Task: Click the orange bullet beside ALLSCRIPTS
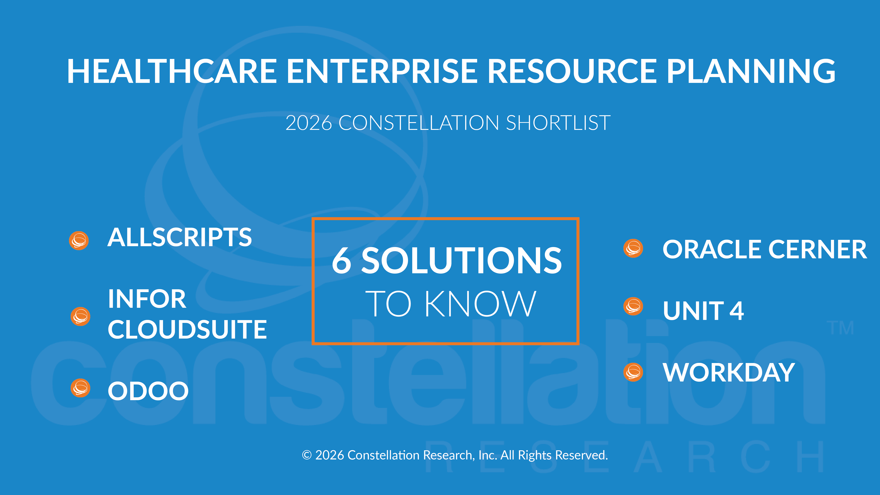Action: (79, 241)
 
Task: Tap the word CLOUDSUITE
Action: (187, 330)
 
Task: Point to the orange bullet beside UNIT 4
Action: (633, 306)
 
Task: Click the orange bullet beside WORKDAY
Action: (633, 372)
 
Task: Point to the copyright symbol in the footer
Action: (307, 455)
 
